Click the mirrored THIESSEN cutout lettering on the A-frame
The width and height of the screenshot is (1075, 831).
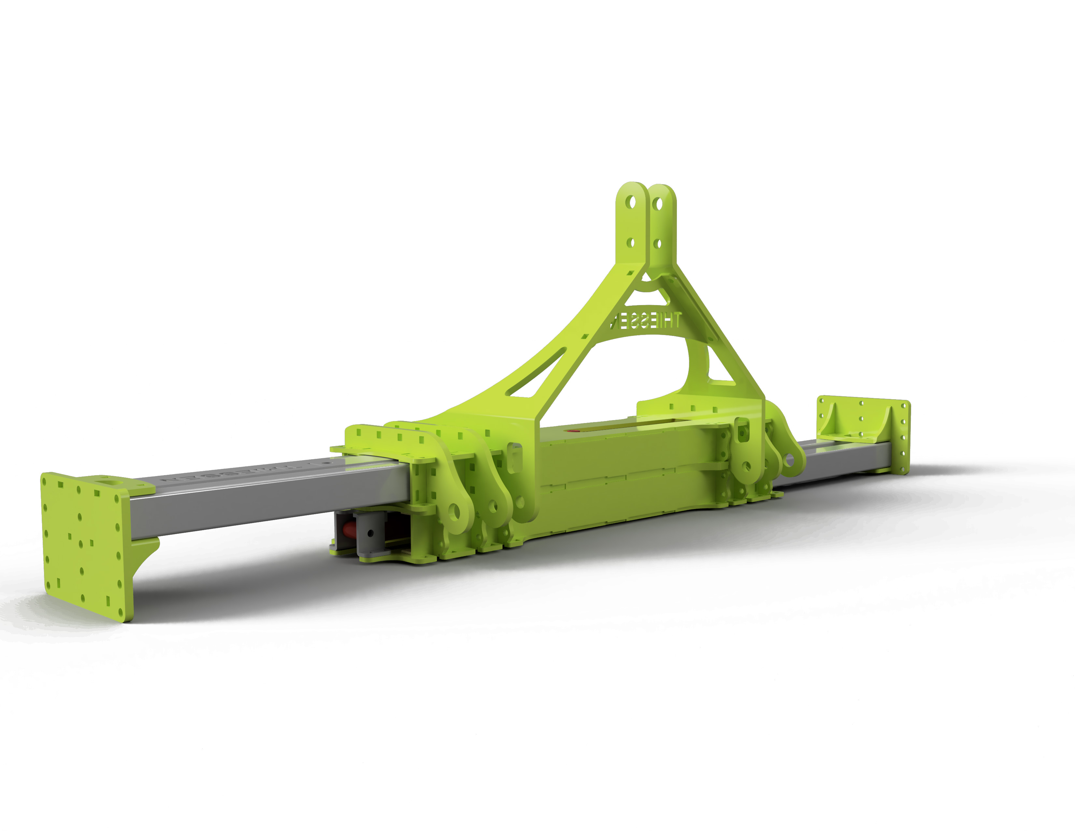point(645,321)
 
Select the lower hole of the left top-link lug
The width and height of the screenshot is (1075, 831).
point(630,243)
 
